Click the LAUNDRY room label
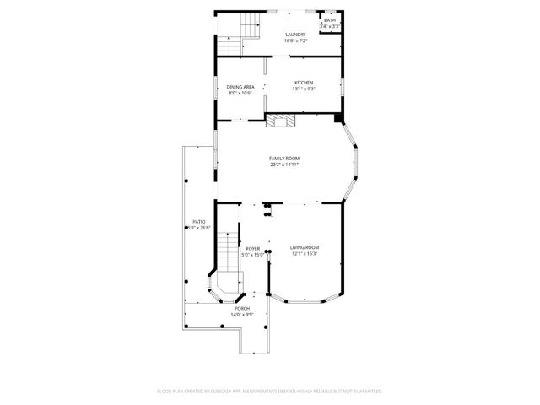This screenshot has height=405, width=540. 294,35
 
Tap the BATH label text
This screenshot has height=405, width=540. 329,20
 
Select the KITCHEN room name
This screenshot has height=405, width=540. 304,83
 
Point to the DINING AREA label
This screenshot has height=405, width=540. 240,87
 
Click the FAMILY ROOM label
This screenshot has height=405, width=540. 284,159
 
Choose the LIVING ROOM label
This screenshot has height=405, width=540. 305,247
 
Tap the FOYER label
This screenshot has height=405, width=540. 253,248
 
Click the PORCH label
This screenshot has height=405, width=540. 242,309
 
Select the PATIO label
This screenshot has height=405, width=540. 199,222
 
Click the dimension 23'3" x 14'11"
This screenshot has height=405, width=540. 284,165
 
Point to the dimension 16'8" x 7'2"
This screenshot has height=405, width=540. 294,40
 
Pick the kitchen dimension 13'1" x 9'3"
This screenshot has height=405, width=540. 304,89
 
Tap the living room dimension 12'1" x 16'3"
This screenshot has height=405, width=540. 305,253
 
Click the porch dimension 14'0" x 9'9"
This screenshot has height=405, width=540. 242,315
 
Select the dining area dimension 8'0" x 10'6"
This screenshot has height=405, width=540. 240,93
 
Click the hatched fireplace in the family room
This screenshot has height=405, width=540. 282,121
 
